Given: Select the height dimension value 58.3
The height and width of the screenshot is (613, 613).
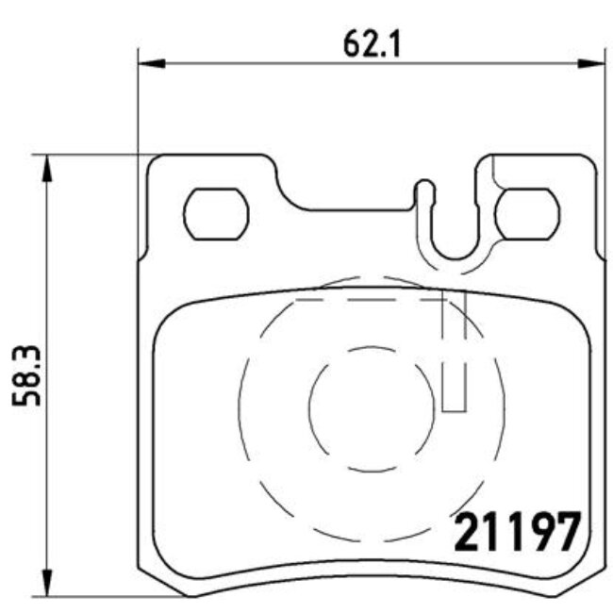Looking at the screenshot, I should pos(27,373).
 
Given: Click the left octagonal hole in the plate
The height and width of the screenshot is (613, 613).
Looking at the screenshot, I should pos(215,213).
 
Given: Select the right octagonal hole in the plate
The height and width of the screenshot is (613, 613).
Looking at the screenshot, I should pos(528,213).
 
